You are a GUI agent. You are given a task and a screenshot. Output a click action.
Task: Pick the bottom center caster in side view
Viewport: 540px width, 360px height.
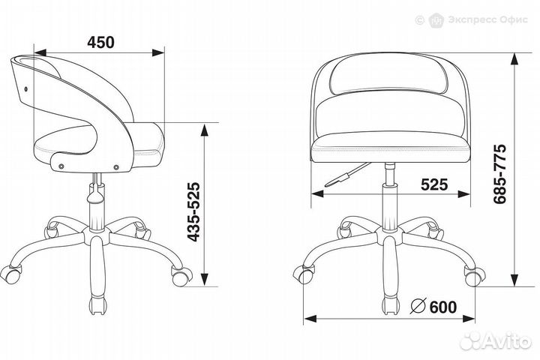(x=97, y=306)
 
